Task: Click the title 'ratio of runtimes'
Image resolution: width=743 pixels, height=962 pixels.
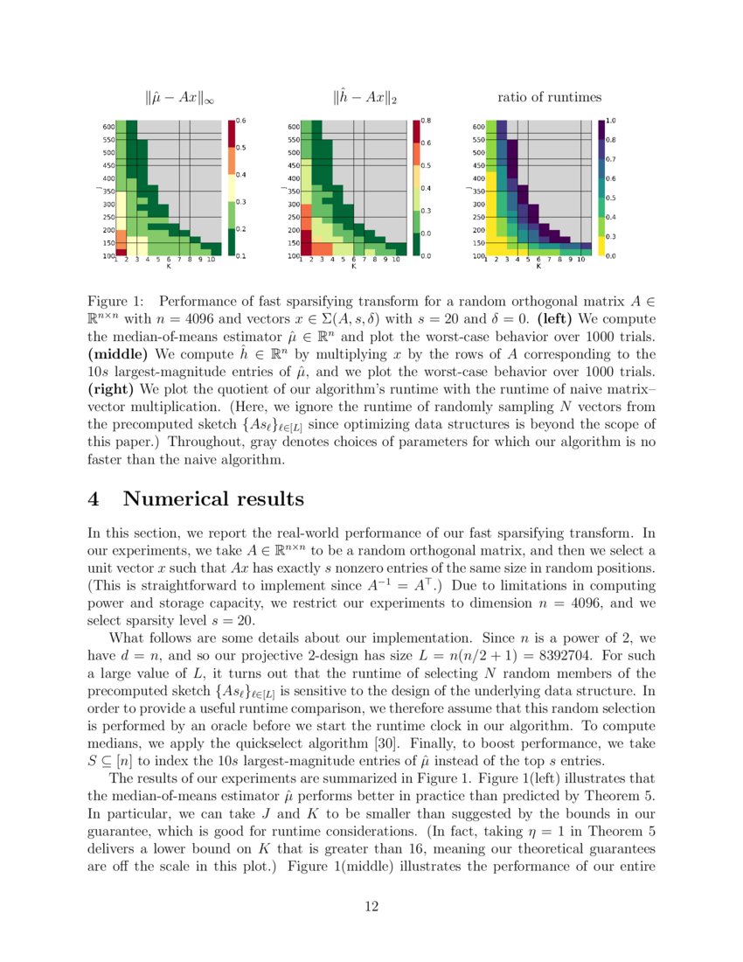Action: (549, 97)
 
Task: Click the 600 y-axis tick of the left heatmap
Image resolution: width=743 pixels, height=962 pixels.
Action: (108, 126)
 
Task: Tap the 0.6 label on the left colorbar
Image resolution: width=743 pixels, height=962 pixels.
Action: (241, 120)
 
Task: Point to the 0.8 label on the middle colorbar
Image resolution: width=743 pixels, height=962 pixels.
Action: (427, 120)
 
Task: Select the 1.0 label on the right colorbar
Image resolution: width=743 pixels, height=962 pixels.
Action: (611, 120)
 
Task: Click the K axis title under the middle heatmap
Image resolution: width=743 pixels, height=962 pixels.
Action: (353, 266)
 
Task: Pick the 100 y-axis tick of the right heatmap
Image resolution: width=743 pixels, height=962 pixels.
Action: (478, 256)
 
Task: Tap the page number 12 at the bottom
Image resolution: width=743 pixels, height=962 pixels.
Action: (371, 906)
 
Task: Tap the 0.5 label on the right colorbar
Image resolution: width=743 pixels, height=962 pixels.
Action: (611, 198)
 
